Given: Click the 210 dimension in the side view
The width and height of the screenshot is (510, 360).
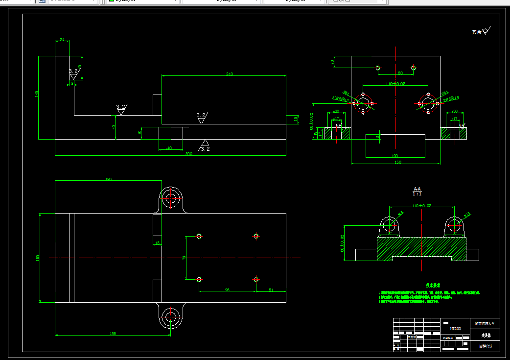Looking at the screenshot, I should pos(229,74).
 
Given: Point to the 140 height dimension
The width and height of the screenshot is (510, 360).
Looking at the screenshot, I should pos(37,94).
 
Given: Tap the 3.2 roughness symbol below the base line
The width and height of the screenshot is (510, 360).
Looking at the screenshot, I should pos(204,146).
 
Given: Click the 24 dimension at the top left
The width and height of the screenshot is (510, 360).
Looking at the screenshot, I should pos(62,40).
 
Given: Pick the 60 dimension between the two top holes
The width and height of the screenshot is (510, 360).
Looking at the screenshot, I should pos(400,73).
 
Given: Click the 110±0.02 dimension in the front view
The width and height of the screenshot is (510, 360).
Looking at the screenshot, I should pos(395,84).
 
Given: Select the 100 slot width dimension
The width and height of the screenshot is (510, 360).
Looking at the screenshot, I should pos(395,156).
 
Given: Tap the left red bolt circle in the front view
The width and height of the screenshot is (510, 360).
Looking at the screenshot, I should pos(363,103).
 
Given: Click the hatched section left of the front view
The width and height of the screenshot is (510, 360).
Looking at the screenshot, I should pos(338,133).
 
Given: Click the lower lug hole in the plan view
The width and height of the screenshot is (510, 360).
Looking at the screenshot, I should pos(171,316).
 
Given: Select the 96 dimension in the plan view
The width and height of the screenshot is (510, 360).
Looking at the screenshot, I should pos(227,290).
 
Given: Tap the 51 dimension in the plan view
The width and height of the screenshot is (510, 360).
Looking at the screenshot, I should pos(271,290).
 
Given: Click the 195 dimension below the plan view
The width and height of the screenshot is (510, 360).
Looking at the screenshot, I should pos(113,334).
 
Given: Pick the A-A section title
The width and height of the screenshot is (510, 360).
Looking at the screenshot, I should pos(417,189).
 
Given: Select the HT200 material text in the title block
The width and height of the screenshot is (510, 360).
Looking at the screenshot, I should pos(456,328).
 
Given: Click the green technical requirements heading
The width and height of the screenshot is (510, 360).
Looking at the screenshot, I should pos(434,285).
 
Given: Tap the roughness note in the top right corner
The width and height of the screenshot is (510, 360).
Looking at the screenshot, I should pos(481,32).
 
